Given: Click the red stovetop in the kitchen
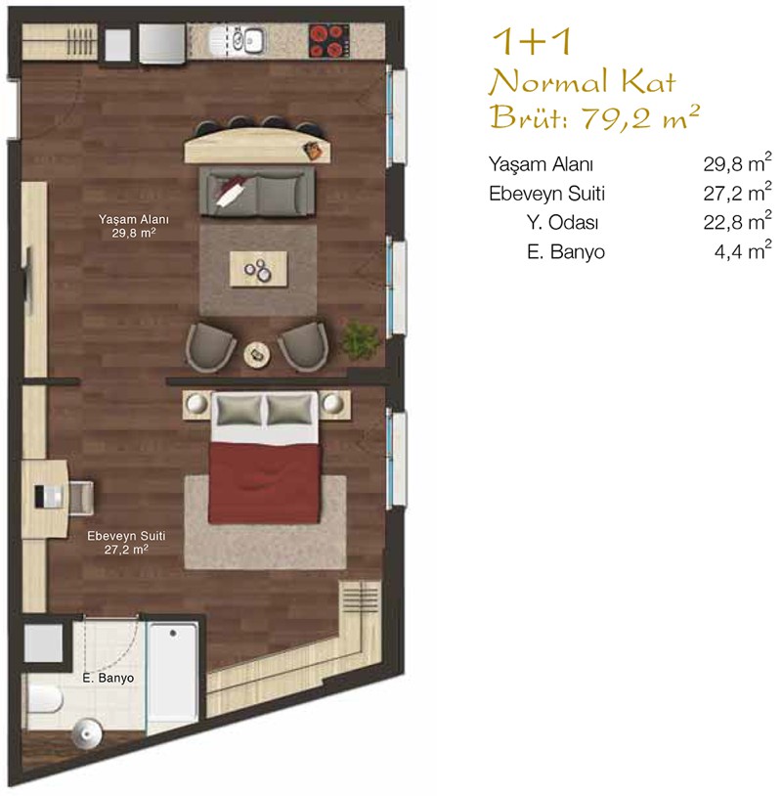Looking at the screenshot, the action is pyautogui.click(x=329, y=40).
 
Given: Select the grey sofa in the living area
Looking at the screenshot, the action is pyautogui.click(x=257, y=191).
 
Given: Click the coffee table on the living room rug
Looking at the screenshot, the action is pyautogui.click(x=258, y=269).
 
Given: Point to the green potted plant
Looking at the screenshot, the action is pyautogui.click(x=360, y=339).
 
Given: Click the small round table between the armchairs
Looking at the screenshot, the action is pyautogui.click(x=257, y=354).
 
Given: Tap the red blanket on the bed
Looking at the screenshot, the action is pyautogui.click(x=265, y=482).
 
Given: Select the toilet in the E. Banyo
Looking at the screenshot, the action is pyautogui.click(x=44, y=698).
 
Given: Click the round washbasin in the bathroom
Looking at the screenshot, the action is pyautogui.click(x=87, y=733).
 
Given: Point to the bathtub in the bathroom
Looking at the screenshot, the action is pyautogui.click(x=173, y=672).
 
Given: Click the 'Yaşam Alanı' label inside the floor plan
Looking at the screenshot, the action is pyautogui.click(x=134, y=219).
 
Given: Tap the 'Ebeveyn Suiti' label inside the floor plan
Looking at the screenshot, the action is pyautogui.click(x=126, y=536).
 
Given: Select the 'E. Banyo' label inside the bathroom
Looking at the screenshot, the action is pyautogui.click(x=109, y=678).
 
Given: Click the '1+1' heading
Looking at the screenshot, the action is pyautogui.click(x=532, y=42).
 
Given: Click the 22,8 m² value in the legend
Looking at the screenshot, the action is pyautogui.click(x=737, y=221).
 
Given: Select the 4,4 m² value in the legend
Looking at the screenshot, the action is pyautogui.click(x=743, y=250).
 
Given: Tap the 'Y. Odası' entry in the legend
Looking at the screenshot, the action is pyautogui.click(x=562, y=222).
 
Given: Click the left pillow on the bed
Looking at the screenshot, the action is pyautogui.click(x=239, y=410).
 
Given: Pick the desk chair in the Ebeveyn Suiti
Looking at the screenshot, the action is pyautogui.click(x=81, y=498).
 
